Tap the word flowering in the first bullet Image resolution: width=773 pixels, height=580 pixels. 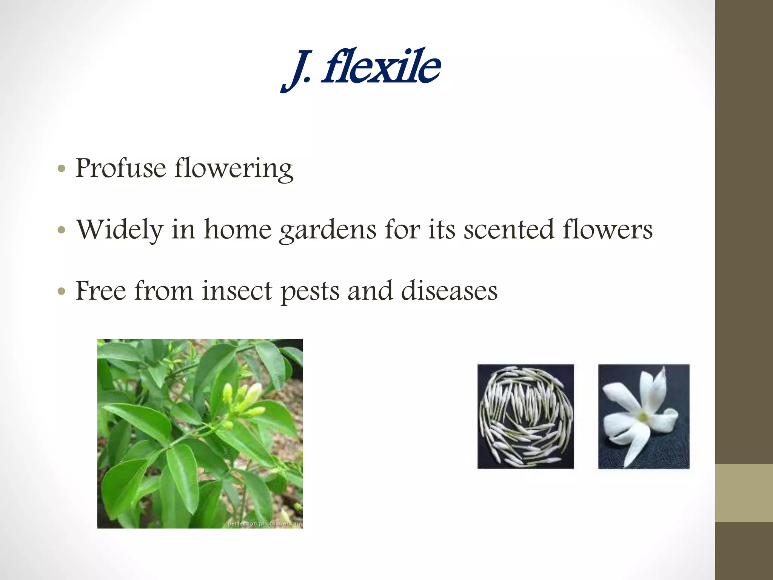tap(234, 168)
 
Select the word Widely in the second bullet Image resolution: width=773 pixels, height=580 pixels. tap(120, 230)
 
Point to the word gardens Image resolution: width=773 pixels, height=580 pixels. tap(328, 230)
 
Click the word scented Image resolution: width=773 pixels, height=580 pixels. tap(508, 230)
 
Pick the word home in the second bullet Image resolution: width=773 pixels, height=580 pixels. tap(238, 230)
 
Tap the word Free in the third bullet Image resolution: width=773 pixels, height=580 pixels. tap(101, 291)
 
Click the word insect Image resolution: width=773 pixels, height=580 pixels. tap(237, 291)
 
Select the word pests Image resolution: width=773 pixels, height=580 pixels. tap(310, 292)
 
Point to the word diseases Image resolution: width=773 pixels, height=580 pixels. tap(449, 291)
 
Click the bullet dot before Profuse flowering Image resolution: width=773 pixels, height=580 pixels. tap(62, 168)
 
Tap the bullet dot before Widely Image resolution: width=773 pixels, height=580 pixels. tap(62, 230)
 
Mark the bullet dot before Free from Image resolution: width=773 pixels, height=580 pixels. tap(62, 291)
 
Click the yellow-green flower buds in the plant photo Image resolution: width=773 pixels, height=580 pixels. tap(245, 400)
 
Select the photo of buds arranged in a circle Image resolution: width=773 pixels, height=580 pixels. tap(525, 416)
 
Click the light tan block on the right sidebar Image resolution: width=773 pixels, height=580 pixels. tap(744, 493)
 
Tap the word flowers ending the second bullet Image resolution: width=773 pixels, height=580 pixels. tap(607, 230)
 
